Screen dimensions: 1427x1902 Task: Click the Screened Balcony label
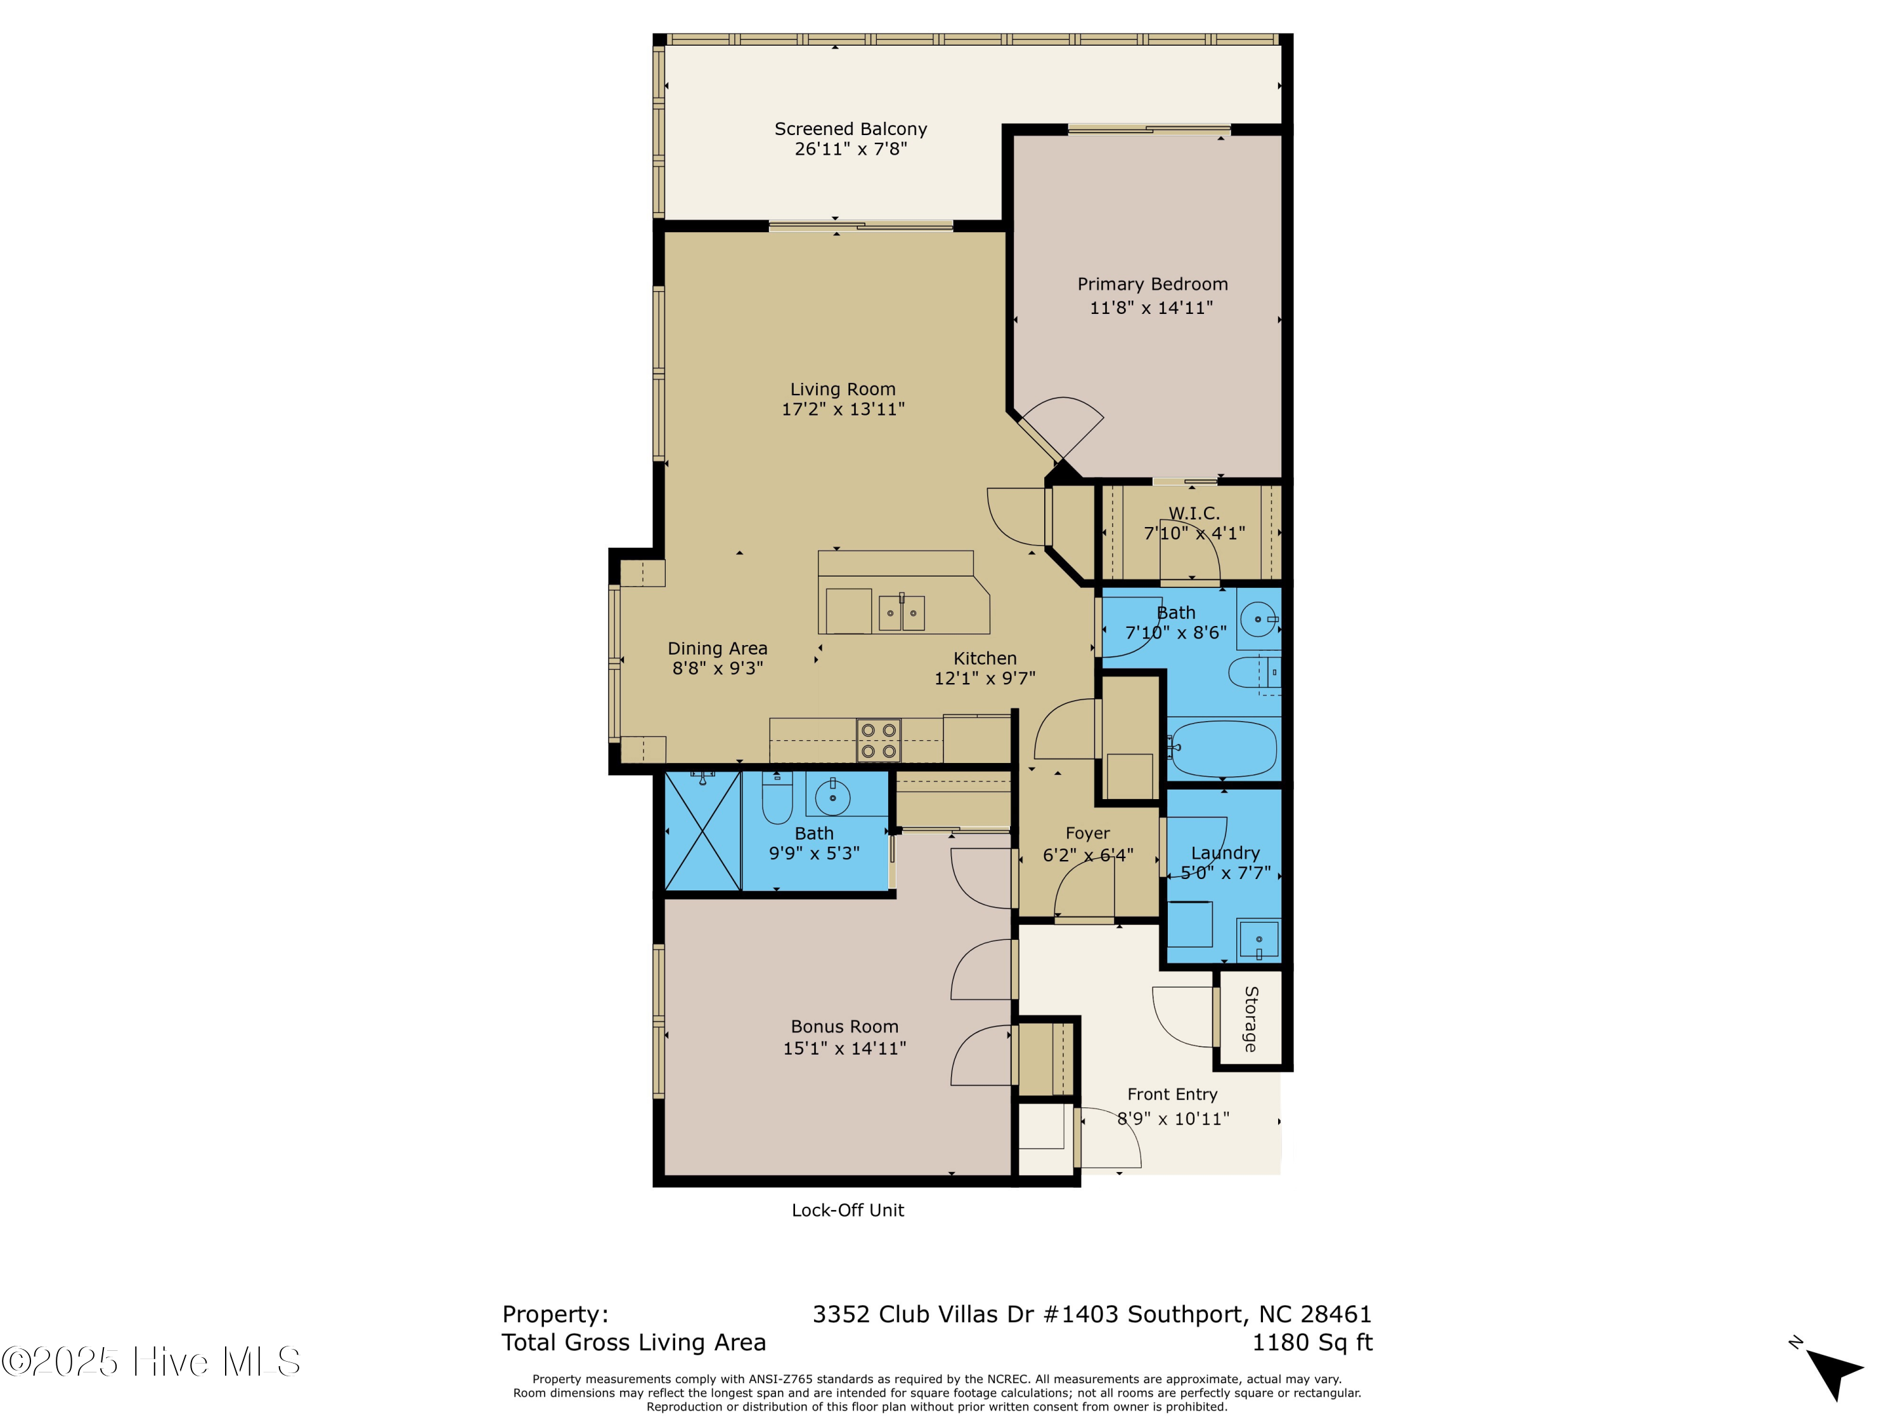pyautogui.click(x=850, y=129)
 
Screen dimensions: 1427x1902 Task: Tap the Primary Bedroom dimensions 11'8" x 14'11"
pyautogui.click(x=1151, y=308)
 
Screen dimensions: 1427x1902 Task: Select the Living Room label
pyautogui.click(x=843, y=389)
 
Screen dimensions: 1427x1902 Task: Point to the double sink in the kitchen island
pyautogui.click(x=901, y=613)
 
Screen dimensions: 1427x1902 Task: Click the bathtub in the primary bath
pyautogui.click(x=1224, y=748)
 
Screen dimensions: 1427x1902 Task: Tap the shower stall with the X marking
pyautogui.click(x=702, y=831)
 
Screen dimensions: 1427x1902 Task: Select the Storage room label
pyautogui.click(x=1251, y=1019)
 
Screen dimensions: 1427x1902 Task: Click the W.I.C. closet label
pyautogui.click(x=1193, y=514)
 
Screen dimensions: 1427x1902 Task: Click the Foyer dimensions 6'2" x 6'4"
pyautogui.click(x=1088, y=855)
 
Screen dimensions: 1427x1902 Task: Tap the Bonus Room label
pyautogui.click(x=844, y=1026)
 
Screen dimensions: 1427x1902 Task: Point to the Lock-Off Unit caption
pyautogui.click(x=848, y=1210)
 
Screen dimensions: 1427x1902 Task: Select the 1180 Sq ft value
pyautogui.click(x=1312, y=1342)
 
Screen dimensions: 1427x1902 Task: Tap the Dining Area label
pyautogui.click(x=717, y=649)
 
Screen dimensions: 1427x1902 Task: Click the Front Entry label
pyautogui.click(x=1172, y=1094)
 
